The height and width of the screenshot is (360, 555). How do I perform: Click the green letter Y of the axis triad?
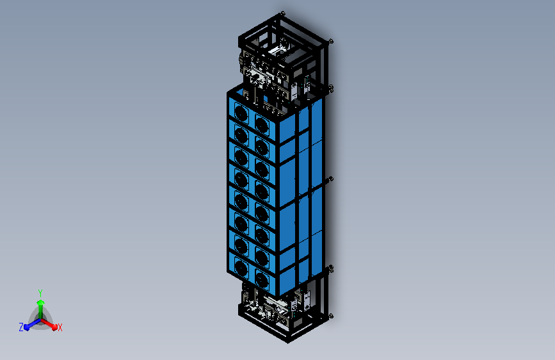pos(40,293)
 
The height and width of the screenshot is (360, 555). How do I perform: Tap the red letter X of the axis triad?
pos(60,328)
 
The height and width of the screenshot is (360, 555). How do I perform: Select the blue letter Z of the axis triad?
pos(21,327)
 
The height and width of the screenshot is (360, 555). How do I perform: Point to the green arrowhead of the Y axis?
pos(40,302)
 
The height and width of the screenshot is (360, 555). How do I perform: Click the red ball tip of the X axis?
pos(54,327)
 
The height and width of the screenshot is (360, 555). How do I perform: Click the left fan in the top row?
pos(241,113)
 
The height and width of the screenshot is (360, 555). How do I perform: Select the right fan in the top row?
pos(262,124)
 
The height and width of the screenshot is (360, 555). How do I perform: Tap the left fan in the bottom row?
pos(241,268)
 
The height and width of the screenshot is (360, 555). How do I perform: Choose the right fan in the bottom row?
pos(262,279)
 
